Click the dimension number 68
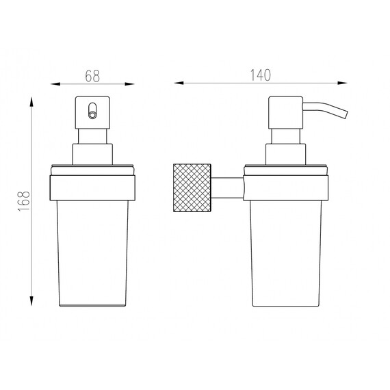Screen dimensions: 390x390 pos(92,76)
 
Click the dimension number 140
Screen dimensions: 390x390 pos(261,75)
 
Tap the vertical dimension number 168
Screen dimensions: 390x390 pos(24,201)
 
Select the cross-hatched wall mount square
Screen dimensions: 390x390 pos(192,187)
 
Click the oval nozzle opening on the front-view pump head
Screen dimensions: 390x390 pos(92,110)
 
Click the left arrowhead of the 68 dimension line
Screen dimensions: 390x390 pos(55,84)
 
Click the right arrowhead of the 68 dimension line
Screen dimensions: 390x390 pos(129,84)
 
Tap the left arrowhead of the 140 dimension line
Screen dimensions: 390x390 pos(179,83)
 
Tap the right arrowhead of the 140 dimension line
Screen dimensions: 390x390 pos(342,83)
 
